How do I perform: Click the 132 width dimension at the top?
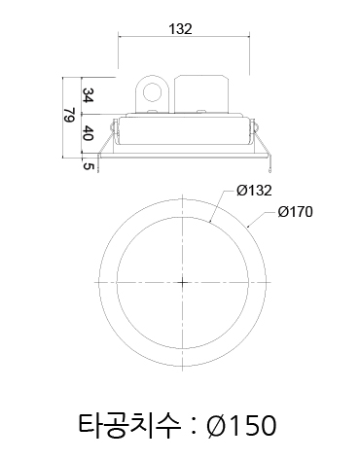point(180,29)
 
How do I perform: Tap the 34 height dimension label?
point(88,95)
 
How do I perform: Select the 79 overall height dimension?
point(68,115)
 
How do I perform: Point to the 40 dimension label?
point(88,133)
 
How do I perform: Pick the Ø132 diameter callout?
point(254,191)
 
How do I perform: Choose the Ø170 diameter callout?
point(295,212)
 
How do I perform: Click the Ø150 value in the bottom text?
point(242,425)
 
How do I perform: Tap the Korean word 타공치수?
point(129,425)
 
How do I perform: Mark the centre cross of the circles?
point(183,283)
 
